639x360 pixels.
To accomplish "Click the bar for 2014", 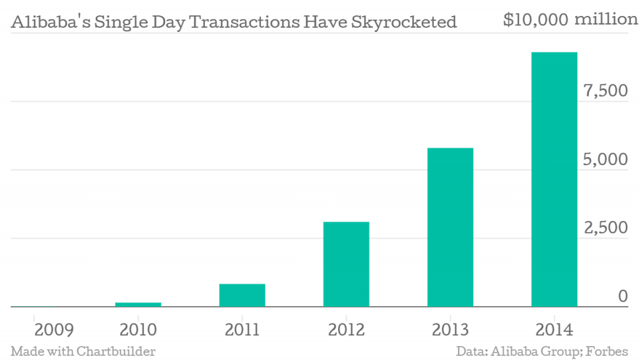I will (x=554, y=180).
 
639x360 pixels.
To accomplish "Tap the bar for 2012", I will (x=346, y=264).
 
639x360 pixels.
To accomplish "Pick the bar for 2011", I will (x=242, y=295).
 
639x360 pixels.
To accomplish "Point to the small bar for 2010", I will (x=138, y=305).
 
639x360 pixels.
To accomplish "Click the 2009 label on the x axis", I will (x=35, y=329).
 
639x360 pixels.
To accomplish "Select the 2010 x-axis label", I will (x=138, y=329).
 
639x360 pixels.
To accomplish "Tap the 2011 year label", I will (x=242, y=329).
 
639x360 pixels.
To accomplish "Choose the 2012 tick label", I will (x=346, y=329).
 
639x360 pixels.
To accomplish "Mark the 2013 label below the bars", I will (x=450, y=329).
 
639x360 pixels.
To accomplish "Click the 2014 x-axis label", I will (x=554, y=329).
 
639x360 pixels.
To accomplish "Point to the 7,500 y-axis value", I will (x=605, y=91).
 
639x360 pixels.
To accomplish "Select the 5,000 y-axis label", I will (x=605, y=160).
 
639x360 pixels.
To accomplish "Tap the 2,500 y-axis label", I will (x=605, y=228).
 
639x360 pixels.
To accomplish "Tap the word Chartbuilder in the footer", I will (x=116, y=351).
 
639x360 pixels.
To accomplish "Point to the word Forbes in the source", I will (x=608, y=351).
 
